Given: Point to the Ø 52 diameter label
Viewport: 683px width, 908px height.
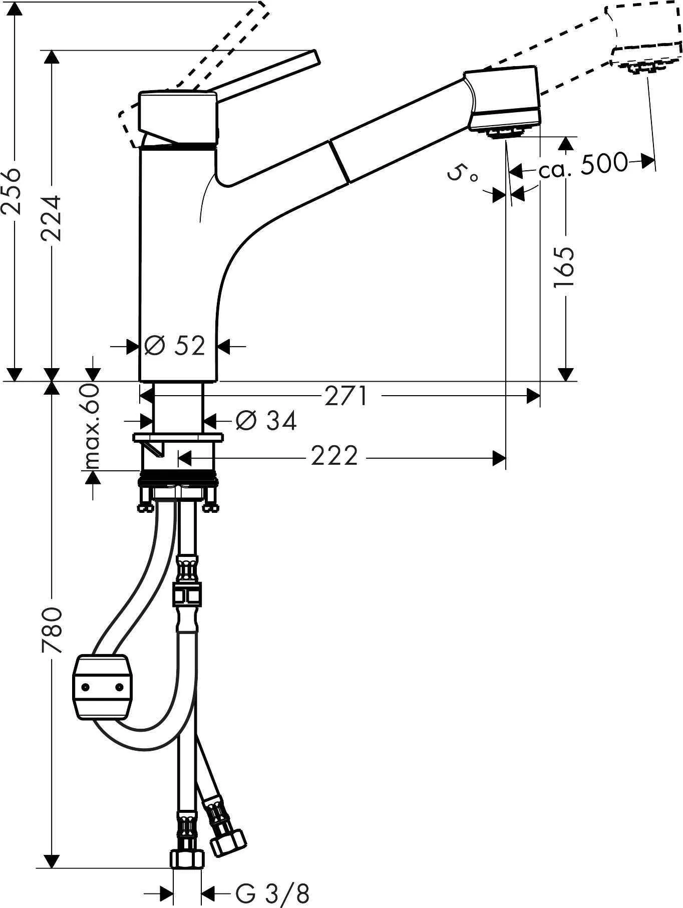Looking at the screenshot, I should pos(175,346).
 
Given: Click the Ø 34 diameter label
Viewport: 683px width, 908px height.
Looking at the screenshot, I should pos(266,420).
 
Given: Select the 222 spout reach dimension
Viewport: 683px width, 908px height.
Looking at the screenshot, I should pos(334,456).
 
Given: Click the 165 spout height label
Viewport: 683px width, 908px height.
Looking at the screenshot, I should pos(565,267).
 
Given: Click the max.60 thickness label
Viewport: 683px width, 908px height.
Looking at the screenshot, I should pos(91,426).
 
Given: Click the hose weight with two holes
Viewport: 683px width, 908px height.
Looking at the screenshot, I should pos(103,687).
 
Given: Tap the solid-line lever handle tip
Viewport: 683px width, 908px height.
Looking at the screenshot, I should pos(313,56).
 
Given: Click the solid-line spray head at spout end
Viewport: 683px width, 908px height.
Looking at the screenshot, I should pos(503,98).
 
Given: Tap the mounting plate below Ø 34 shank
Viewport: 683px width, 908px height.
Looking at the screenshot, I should pos(178,438).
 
